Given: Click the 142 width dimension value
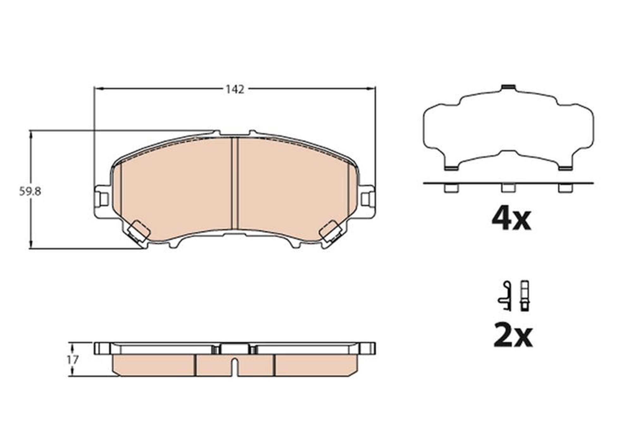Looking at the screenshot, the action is coord(235,90).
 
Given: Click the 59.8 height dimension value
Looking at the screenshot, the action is coord(30,192).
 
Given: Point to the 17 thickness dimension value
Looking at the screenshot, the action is coord(73,360).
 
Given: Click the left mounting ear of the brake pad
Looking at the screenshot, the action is coord(103,201).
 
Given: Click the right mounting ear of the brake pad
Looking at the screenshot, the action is coord(367,201).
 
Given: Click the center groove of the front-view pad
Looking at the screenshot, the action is coord(234,183).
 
